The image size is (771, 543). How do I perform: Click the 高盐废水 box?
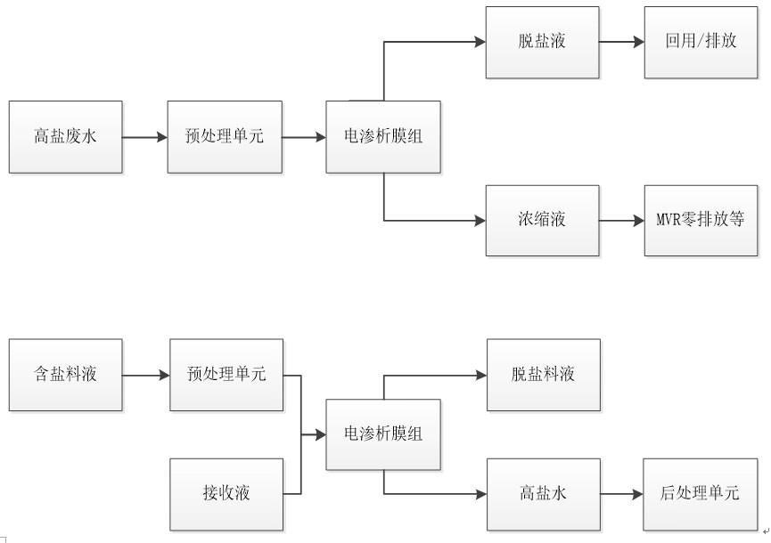click(66, 137)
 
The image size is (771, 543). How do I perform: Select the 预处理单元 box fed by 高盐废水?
click(225, 137)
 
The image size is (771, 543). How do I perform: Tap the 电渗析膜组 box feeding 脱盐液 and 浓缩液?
click(383, 137)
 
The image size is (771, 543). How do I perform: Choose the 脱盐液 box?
click(543, 42)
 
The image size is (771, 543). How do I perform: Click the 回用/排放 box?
click(701, 42)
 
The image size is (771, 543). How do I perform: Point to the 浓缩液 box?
click(543, 220)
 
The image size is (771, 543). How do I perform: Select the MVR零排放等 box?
click(701, 220)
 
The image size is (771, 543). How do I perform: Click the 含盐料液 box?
click(66, 375)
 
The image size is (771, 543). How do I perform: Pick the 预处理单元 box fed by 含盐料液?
click(226, 375)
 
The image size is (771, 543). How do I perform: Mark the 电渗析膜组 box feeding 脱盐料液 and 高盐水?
click(383, 434)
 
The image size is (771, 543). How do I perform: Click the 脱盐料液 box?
click(544, 375)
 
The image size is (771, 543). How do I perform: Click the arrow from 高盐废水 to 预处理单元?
click(145, 137)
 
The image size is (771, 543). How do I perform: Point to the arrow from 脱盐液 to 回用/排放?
click(622, 42)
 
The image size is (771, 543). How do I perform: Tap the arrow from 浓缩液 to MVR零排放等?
click(622, 220)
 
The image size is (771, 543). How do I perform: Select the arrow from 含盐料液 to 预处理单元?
click(146, 375)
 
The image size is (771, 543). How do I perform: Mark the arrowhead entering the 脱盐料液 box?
click(481, 375)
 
